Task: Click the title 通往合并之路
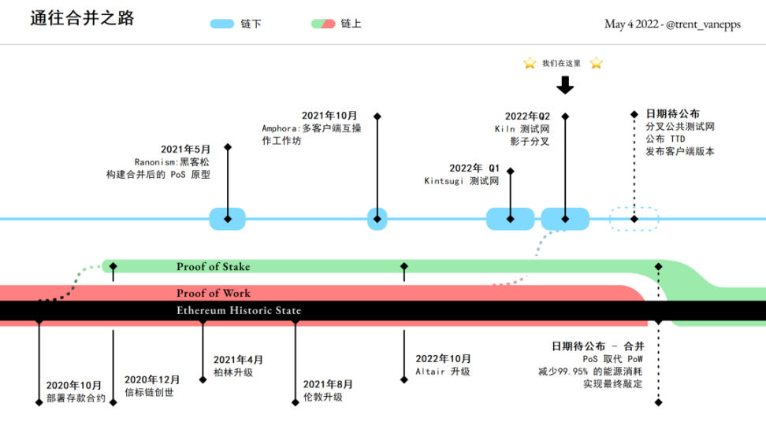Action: [x=82, y=19]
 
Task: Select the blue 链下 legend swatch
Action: [x=223, y=24]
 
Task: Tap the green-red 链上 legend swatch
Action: [x=323, y=24]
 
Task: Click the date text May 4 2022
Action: [x=632, y=24]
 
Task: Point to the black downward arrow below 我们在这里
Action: [x=565, y=85]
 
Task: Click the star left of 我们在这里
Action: [x=530, y=63]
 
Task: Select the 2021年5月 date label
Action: [x=186, y=150]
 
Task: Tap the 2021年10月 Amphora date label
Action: [x=329, y=116]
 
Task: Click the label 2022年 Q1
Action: [x=474, y=168]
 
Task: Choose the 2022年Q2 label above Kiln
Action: [x=527, y=117]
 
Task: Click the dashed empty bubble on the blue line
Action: [x=634, y=219]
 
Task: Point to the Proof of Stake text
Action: [x=213, y=267]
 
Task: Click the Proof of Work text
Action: [x=213, y=293]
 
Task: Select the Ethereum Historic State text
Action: [x=238, y=311]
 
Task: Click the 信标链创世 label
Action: [x=149, y=392]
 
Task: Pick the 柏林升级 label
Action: [x=233, y=372]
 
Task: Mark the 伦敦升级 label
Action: [x=323, y=397]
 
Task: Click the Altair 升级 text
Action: [x=443, y=372]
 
